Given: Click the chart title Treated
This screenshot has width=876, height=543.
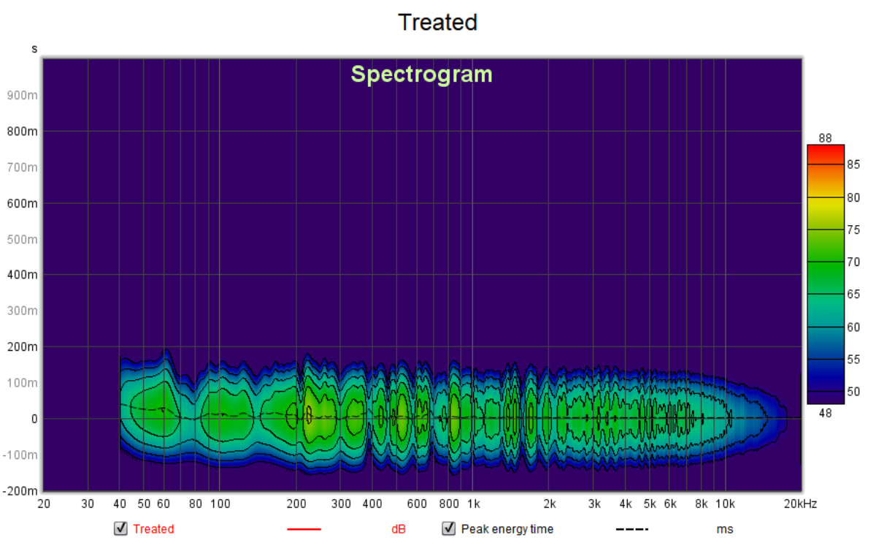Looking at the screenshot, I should pyautogui.click(x=437, y=22).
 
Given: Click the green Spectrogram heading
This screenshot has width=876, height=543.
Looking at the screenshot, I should pyautogui.click(x=421, y=75).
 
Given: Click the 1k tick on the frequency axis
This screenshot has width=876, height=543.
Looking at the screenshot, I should pyautogui.click(x=473, y=504).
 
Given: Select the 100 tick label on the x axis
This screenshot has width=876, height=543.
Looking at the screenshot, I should pyautogui.click(x=220, y=504).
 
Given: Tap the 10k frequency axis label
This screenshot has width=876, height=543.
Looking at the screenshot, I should pyautogui.click(x=724, y=504).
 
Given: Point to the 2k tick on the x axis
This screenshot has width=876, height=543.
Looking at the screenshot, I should pyautogui.click(x=550, y=504).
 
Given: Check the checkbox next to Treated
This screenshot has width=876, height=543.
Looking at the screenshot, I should pyautogui.click(x=120, y=528).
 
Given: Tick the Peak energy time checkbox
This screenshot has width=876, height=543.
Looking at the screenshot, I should pyautogui.click(x=448, y=528).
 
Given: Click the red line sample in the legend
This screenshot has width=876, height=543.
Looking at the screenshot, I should pyautogui.click(x=304, y=529).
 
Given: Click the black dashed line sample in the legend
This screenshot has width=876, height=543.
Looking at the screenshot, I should pyautogui.click(x=631, y=529).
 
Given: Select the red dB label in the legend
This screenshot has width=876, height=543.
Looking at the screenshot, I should pyautogui.click(x=398, y=529).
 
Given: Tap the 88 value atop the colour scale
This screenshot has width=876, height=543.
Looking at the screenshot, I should pyautogui.click(x=826, y=138).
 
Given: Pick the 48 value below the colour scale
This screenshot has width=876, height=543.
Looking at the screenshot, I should pyautogui.click(x=826, y=412).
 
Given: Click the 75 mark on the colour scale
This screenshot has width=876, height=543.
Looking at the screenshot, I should pyautogui.click(x=833, y=229).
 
